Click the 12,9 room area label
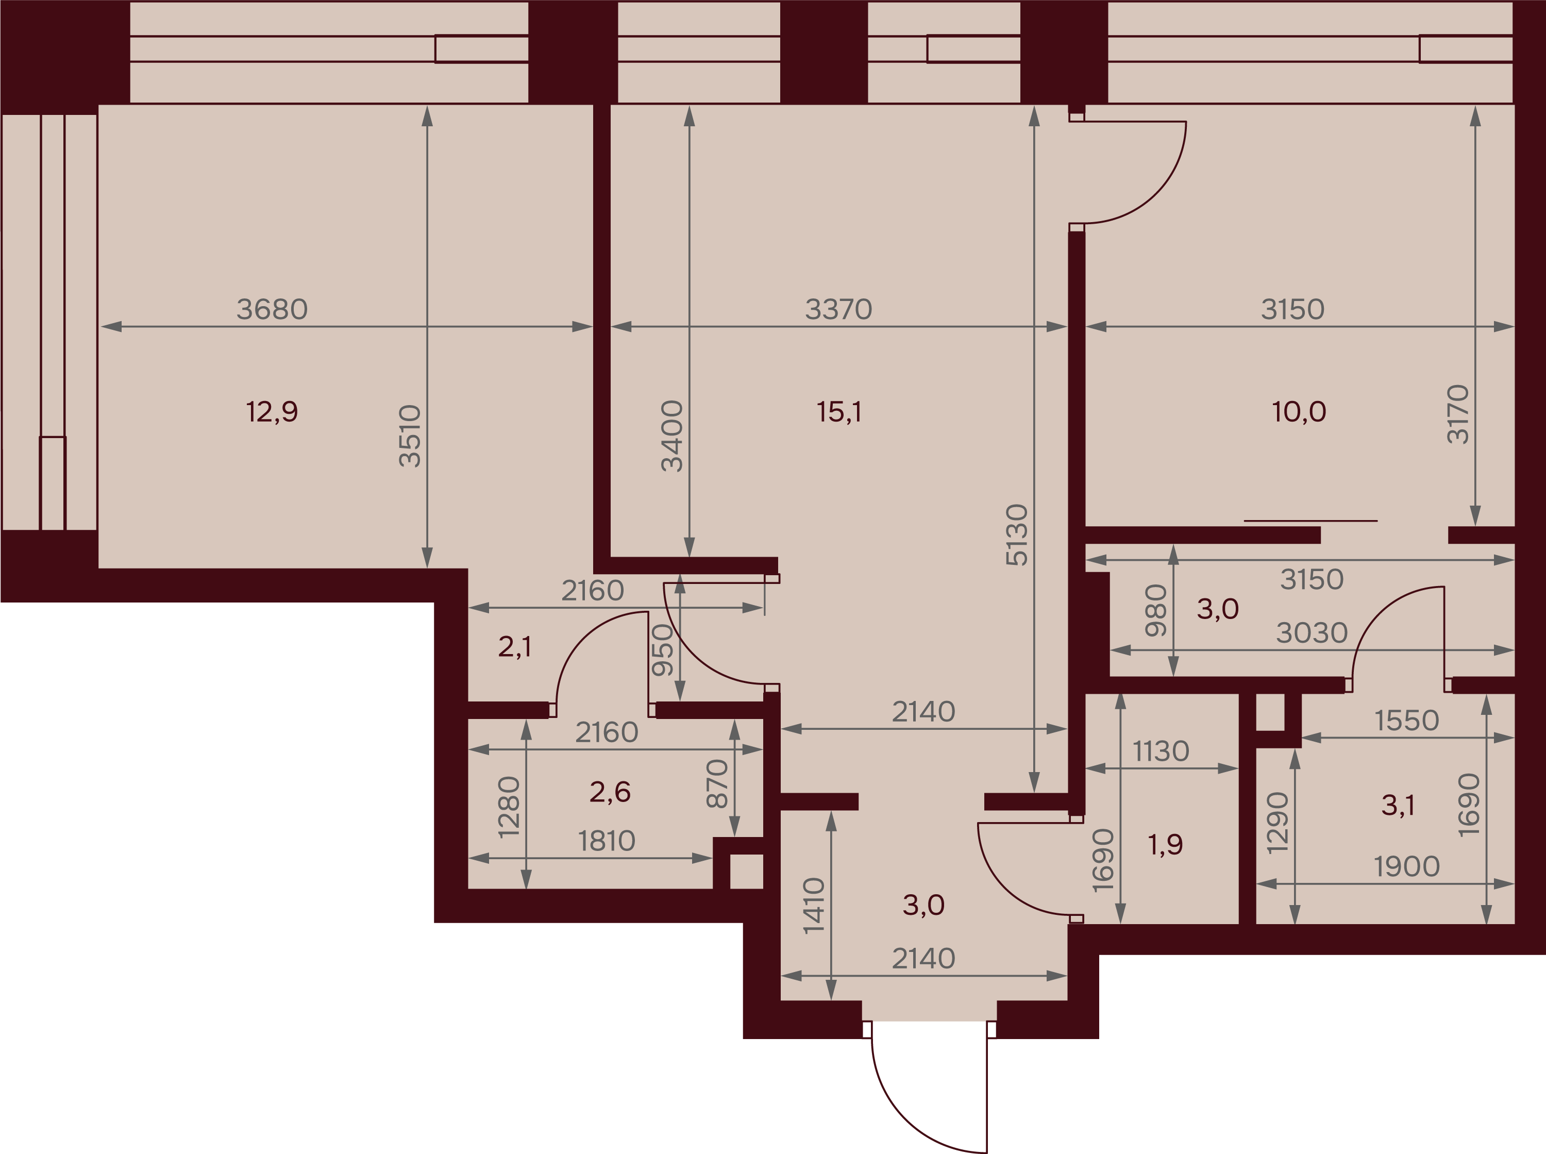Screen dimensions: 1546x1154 272,412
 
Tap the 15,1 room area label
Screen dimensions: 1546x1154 839,412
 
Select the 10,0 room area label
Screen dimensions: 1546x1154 1299,412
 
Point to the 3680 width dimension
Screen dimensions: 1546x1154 272,309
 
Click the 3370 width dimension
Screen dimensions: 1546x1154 838,309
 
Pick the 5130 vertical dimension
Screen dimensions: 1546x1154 1017,534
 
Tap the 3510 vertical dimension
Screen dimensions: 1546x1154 410,436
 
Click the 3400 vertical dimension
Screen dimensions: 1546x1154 672,436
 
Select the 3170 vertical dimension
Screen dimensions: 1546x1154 1458,414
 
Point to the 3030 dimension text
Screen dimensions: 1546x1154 1312,633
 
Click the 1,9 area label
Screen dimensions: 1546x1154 1166,845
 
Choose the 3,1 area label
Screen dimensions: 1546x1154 1398,806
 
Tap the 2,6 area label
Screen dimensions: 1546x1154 610,792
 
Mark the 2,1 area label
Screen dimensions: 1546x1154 515,647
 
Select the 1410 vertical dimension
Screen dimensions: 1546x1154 814,906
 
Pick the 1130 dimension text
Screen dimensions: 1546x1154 1161,751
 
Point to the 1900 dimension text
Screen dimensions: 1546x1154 1407,867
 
